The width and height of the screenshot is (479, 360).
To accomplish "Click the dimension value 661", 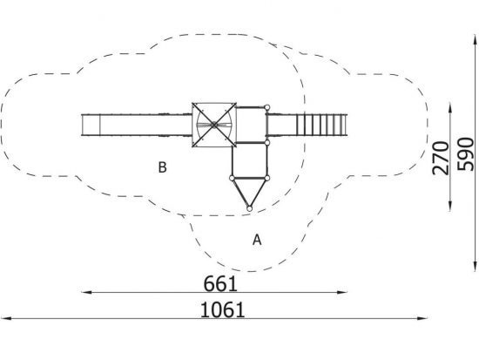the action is coord(220,283).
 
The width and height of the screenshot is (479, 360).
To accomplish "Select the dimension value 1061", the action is coord(222,309).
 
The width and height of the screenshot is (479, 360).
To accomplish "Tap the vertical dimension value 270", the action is coord(441,158).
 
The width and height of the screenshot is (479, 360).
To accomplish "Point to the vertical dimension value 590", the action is coord(466,154).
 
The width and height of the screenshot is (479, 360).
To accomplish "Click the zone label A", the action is coord(257,240).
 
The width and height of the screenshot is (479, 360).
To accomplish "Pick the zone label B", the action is coord(162,167).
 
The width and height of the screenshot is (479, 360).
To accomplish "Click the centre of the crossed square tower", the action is coord(214,125).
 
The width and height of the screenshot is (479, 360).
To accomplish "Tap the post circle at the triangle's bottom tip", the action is coord(249,209).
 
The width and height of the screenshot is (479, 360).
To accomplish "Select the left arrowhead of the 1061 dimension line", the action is coord(6,318).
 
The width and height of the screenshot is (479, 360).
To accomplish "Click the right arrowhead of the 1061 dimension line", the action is coord(422,318).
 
